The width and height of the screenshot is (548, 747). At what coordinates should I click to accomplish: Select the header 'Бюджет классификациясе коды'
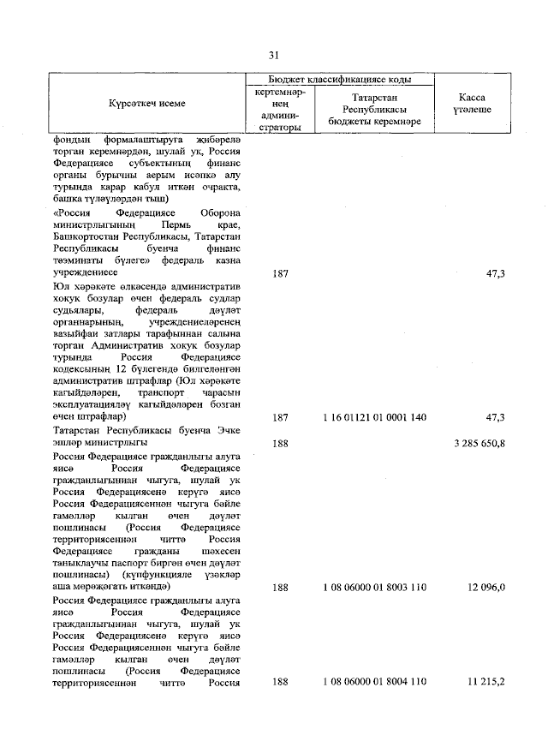341,78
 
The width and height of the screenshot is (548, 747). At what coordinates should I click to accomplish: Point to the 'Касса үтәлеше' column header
472,104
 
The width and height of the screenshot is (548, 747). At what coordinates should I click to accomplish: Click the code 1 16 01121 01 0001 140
375,416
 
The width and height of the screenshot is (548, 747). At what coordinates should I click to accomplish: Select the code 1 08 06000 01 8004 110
375,682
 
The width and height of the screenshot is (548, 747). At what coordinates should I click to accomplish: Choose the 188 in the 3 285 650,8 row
280,443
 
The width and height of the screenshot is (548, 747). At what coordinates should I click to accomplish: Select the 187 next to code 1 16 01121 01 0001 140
280,416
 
